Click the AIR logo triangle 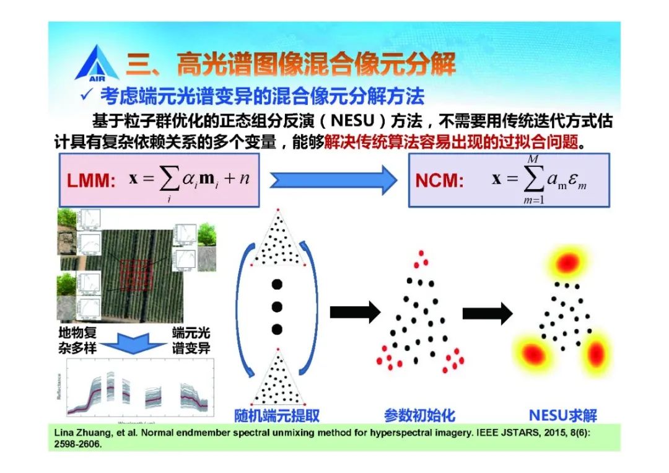96,62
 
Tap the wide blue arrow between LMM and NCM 333,180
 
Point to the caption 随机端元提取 277,415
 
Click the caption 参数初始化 419,415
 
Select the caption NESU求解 563,415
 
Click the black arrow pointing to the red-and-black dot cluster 354,312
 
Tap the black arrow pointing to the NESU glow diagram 488,312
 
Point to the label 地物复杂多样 78,340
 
